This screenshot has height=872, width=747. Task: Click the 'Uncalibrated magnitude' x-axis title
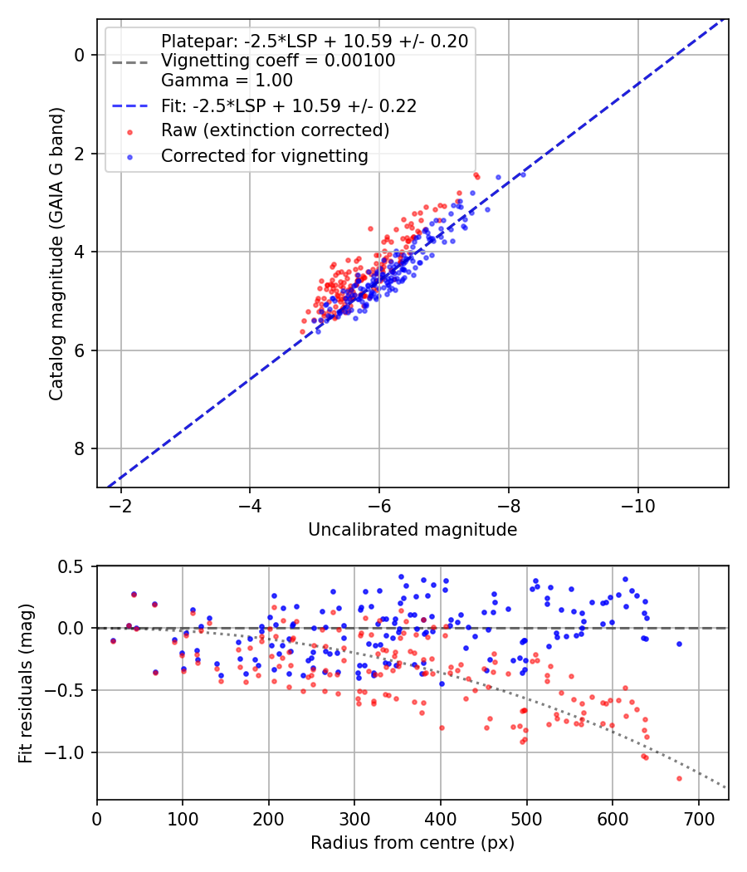[x=413, y=530]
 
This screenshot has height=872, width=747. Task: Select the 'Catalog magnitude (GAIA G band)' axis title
[x=56, y=252]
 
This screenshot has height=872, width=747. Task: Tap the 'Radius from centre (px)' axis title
[x=413, y=843]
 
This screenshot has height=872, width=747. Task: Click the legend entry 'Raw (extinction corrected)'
[x=275, y=130]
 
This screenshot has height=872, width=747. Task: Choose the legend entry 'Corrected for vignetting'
[x=264, y=155]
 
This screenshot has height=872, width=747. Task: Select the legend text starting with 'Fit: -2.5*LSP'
[x=289, y=105]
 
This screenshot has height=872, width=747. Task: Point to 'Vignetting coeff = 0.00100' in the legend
[x=278, y=61]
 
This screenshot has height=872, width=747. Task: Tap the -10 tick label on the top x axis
[x=637, y=505]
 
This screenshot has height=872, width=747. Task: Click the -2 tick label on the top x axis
[x=121, y=505]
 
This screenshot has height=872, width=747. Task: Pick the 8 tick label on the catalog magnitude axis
[x=81, y=449]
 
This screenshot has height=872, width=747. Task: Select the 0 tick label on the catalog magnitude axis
[x=81, y=55]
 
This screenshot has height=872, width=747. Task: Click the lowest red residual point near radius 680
[x=679, y=778]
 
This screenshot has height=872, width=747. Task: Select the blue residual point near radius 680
[x=679, y=644]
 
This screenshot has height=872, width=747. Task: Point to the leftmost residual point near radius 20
[x=113, y=640]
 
